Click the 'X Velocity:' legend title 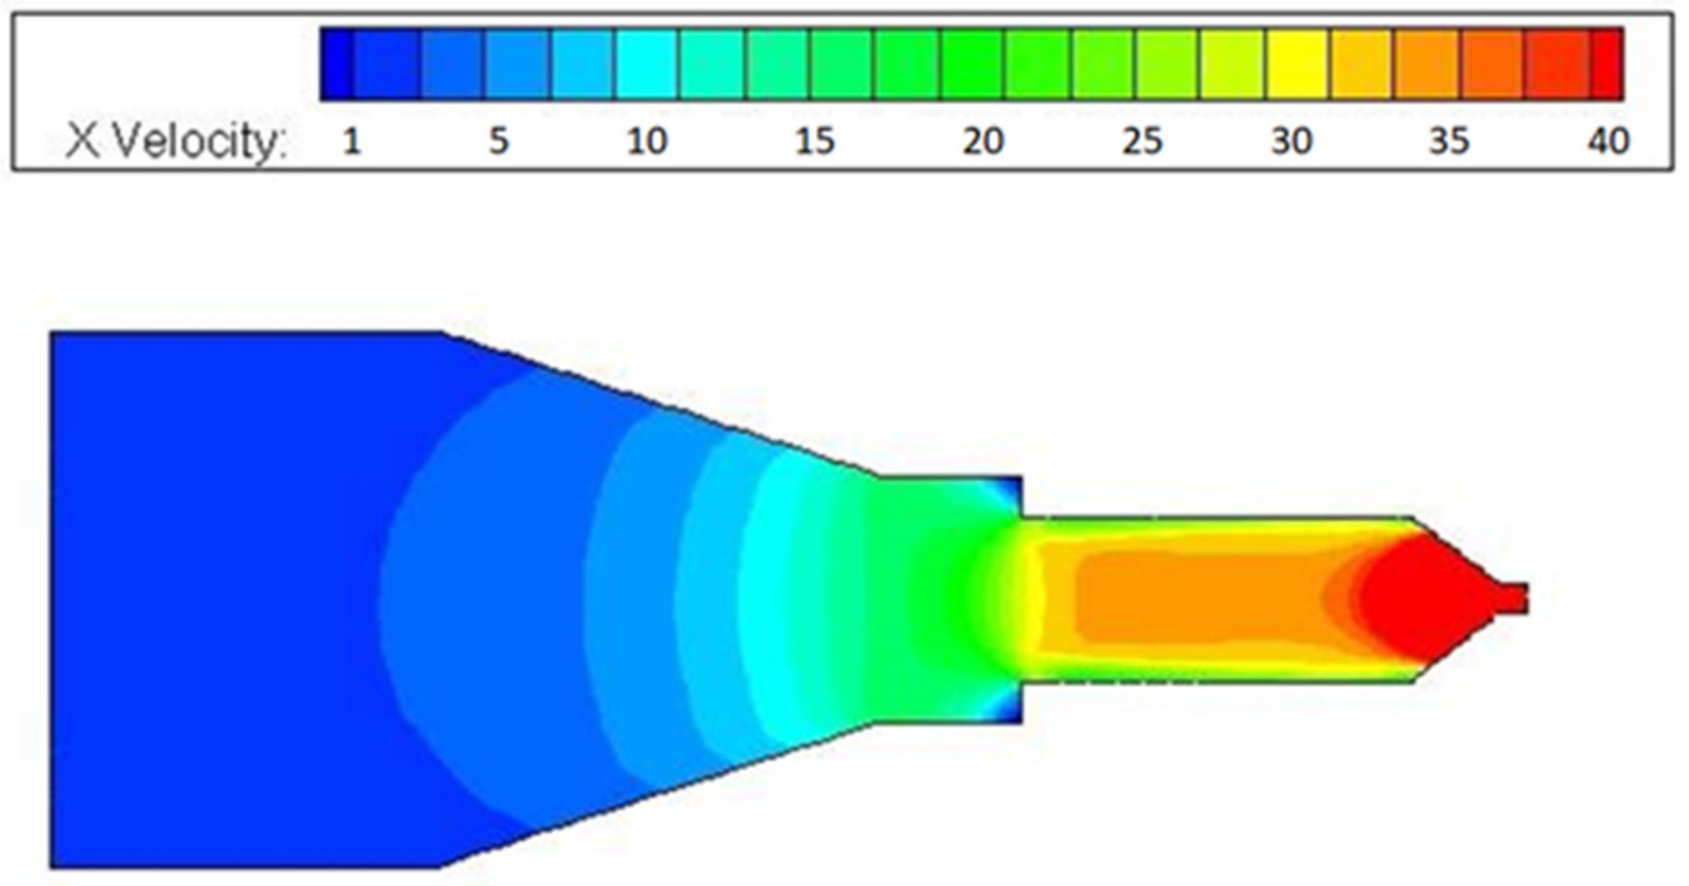tap(177, 142)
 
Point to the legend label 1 tap(352, 142)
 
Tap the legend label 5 tap(499, 142)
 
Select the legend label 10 tap(647, 142)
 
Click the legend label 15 tap(815, 142)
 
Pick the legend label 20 tap(983, 142)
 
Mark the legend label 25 tap(1142, 142)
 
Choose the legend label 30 tap(1292, 142)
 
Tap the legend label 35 tap(1449, 142)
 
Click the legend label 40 tap(1608, 142)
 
